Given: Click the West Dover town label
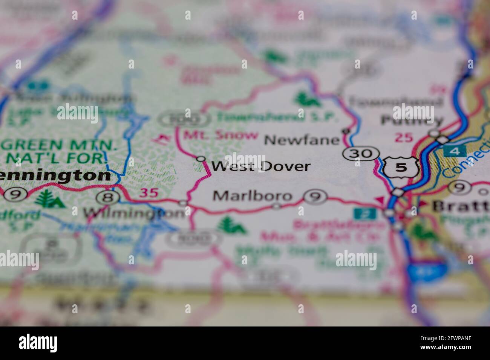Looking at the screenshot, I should (261, 166).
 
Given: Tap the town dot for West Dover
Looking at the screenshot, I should (201, 159).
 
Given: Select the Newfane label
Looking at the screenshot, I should (302, 140).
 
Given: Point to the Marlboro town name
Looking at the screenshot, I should (253, 196).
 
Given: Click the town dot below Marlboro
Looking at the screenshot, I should (277, 206).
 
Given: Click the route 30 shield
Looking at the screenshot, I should (361, 153).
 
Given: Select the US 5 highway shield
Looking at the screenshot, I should (401, 168).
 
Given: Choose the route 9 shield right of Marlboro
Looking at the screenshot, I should (315, 196).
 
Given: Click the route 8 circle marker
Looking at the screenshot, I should (108, 196).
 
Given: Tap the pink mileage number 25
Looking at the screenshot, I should (404, 138).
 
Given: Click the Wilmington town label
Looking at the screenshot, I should (134, 214).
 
